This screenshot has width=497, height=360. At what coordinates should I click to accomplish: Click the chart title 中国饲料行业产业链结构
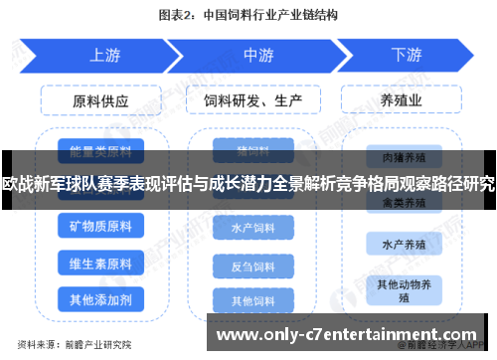[269, 15]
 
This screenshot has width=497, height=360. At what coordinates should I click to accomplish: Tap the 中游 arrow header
[257, 54]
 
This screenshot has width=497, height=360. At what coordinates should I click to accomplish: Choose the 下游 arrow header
[406, 54]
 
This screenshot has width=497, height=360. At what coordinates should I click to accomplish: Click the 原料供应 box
[100, 100]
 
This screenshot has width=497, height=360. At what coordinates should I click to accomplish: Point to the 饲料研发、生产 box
[252, 100]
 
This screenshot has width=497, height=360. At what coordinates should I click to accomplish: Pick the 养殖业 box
[407, 100]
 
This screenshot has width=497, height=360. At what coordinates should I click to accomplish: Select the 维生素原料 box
[100, 264]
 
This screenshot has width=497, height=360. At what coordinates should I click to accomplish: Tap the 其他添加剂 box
[100, 299]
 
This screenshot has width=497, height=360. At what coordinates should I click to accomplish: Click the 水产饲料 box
[252, 228]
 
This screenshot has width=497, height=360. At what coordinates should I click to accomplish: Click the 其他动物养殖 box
[407, 289]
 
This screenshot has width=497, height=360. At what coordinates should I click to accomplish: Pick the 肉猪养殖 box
[407, 156]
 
